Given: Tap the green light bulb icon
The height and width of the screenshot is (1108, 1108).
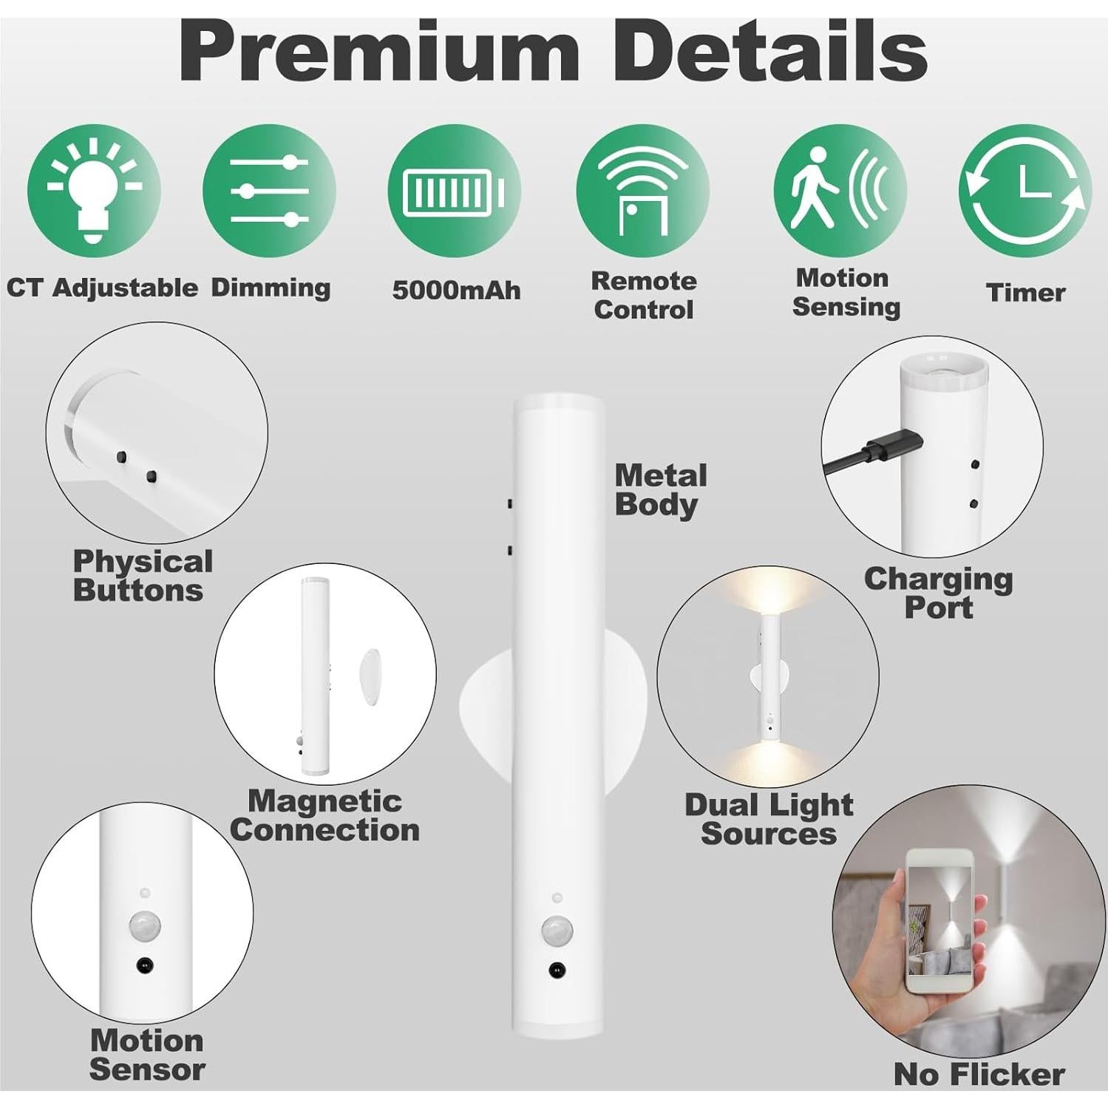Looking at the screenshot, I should tap(93, 190).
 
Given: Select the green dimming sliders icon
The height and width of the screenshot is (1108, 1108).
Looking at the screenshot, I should tap(269, 190).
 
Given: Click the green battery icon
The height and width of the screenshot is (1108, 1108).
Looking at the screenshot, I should tap(455, 191).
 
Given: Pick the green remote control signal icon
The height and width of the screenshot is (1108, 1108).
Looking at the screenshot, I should tap(642, 190).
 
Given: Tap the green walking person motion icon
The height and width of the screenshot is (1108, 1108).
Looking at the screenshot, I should tap(840, 190).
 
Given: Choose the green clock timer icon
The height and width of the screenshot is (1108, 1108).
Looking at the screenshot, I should tap(1024, 190).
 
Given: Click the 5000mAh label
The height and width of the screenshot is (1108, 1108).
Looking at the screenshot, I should tap(456, 290).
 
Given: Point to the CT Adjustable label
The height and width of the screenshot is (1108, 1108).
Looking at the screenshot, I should tap(102, 288).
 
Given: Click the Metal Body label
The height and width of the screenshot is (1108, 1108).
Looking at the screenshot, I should tap(660, 490).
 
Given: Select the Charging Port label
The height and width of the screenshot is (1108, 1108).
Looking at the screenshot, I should tap(938, 593).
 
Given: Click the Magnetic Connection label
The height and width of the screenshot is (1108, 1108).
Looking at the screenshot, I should tap(324, 815).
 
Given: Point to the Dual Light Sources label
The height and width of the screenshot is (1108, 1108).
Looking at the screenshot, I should tap(769, 819).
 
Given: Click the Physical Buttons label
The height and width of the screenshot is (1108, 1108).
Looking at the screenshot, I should tap(142, 576).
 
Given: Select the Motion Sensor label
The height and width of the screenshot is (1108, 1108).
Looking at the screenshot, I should tap(146, 1055).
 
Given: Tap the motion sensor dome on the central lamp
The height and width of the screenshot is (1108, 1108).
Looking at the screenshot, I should tap(554, 930).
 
